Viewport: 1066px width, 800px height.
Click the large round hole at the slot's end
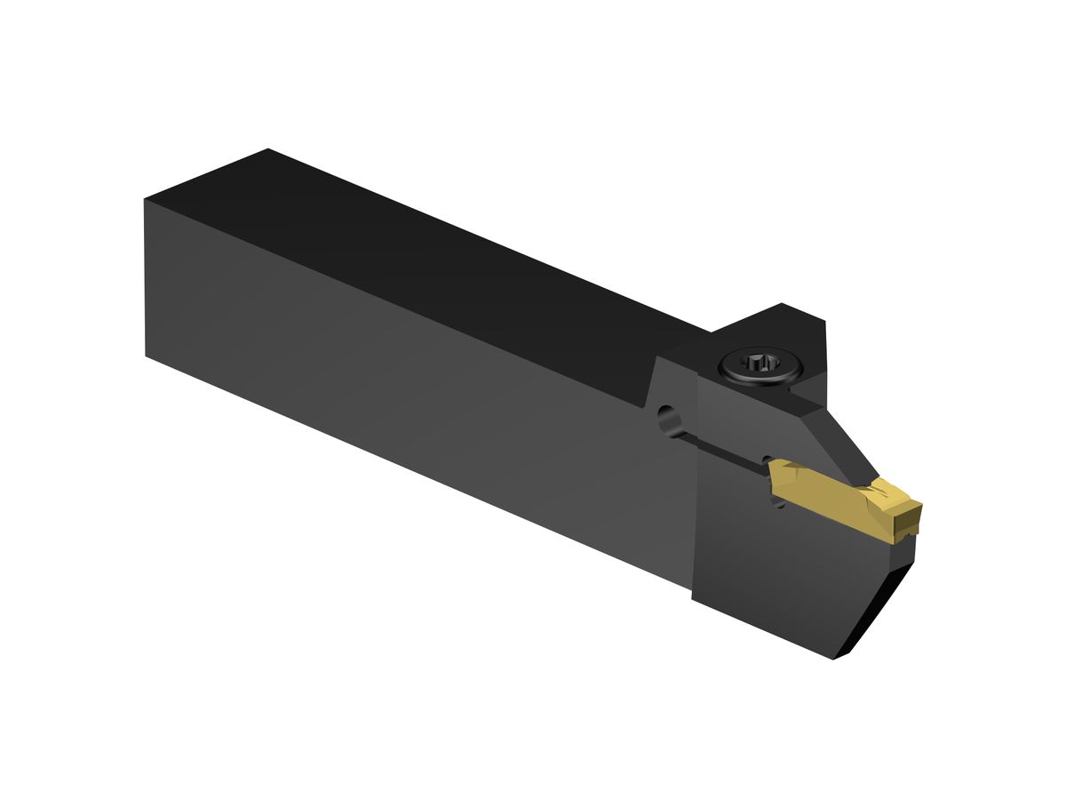(x=664, y=417)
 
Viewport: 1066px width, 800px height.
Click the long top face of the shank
(x=426, y=258)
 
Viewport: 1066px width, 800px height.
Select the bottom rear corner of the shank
(x=147, y=356)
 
